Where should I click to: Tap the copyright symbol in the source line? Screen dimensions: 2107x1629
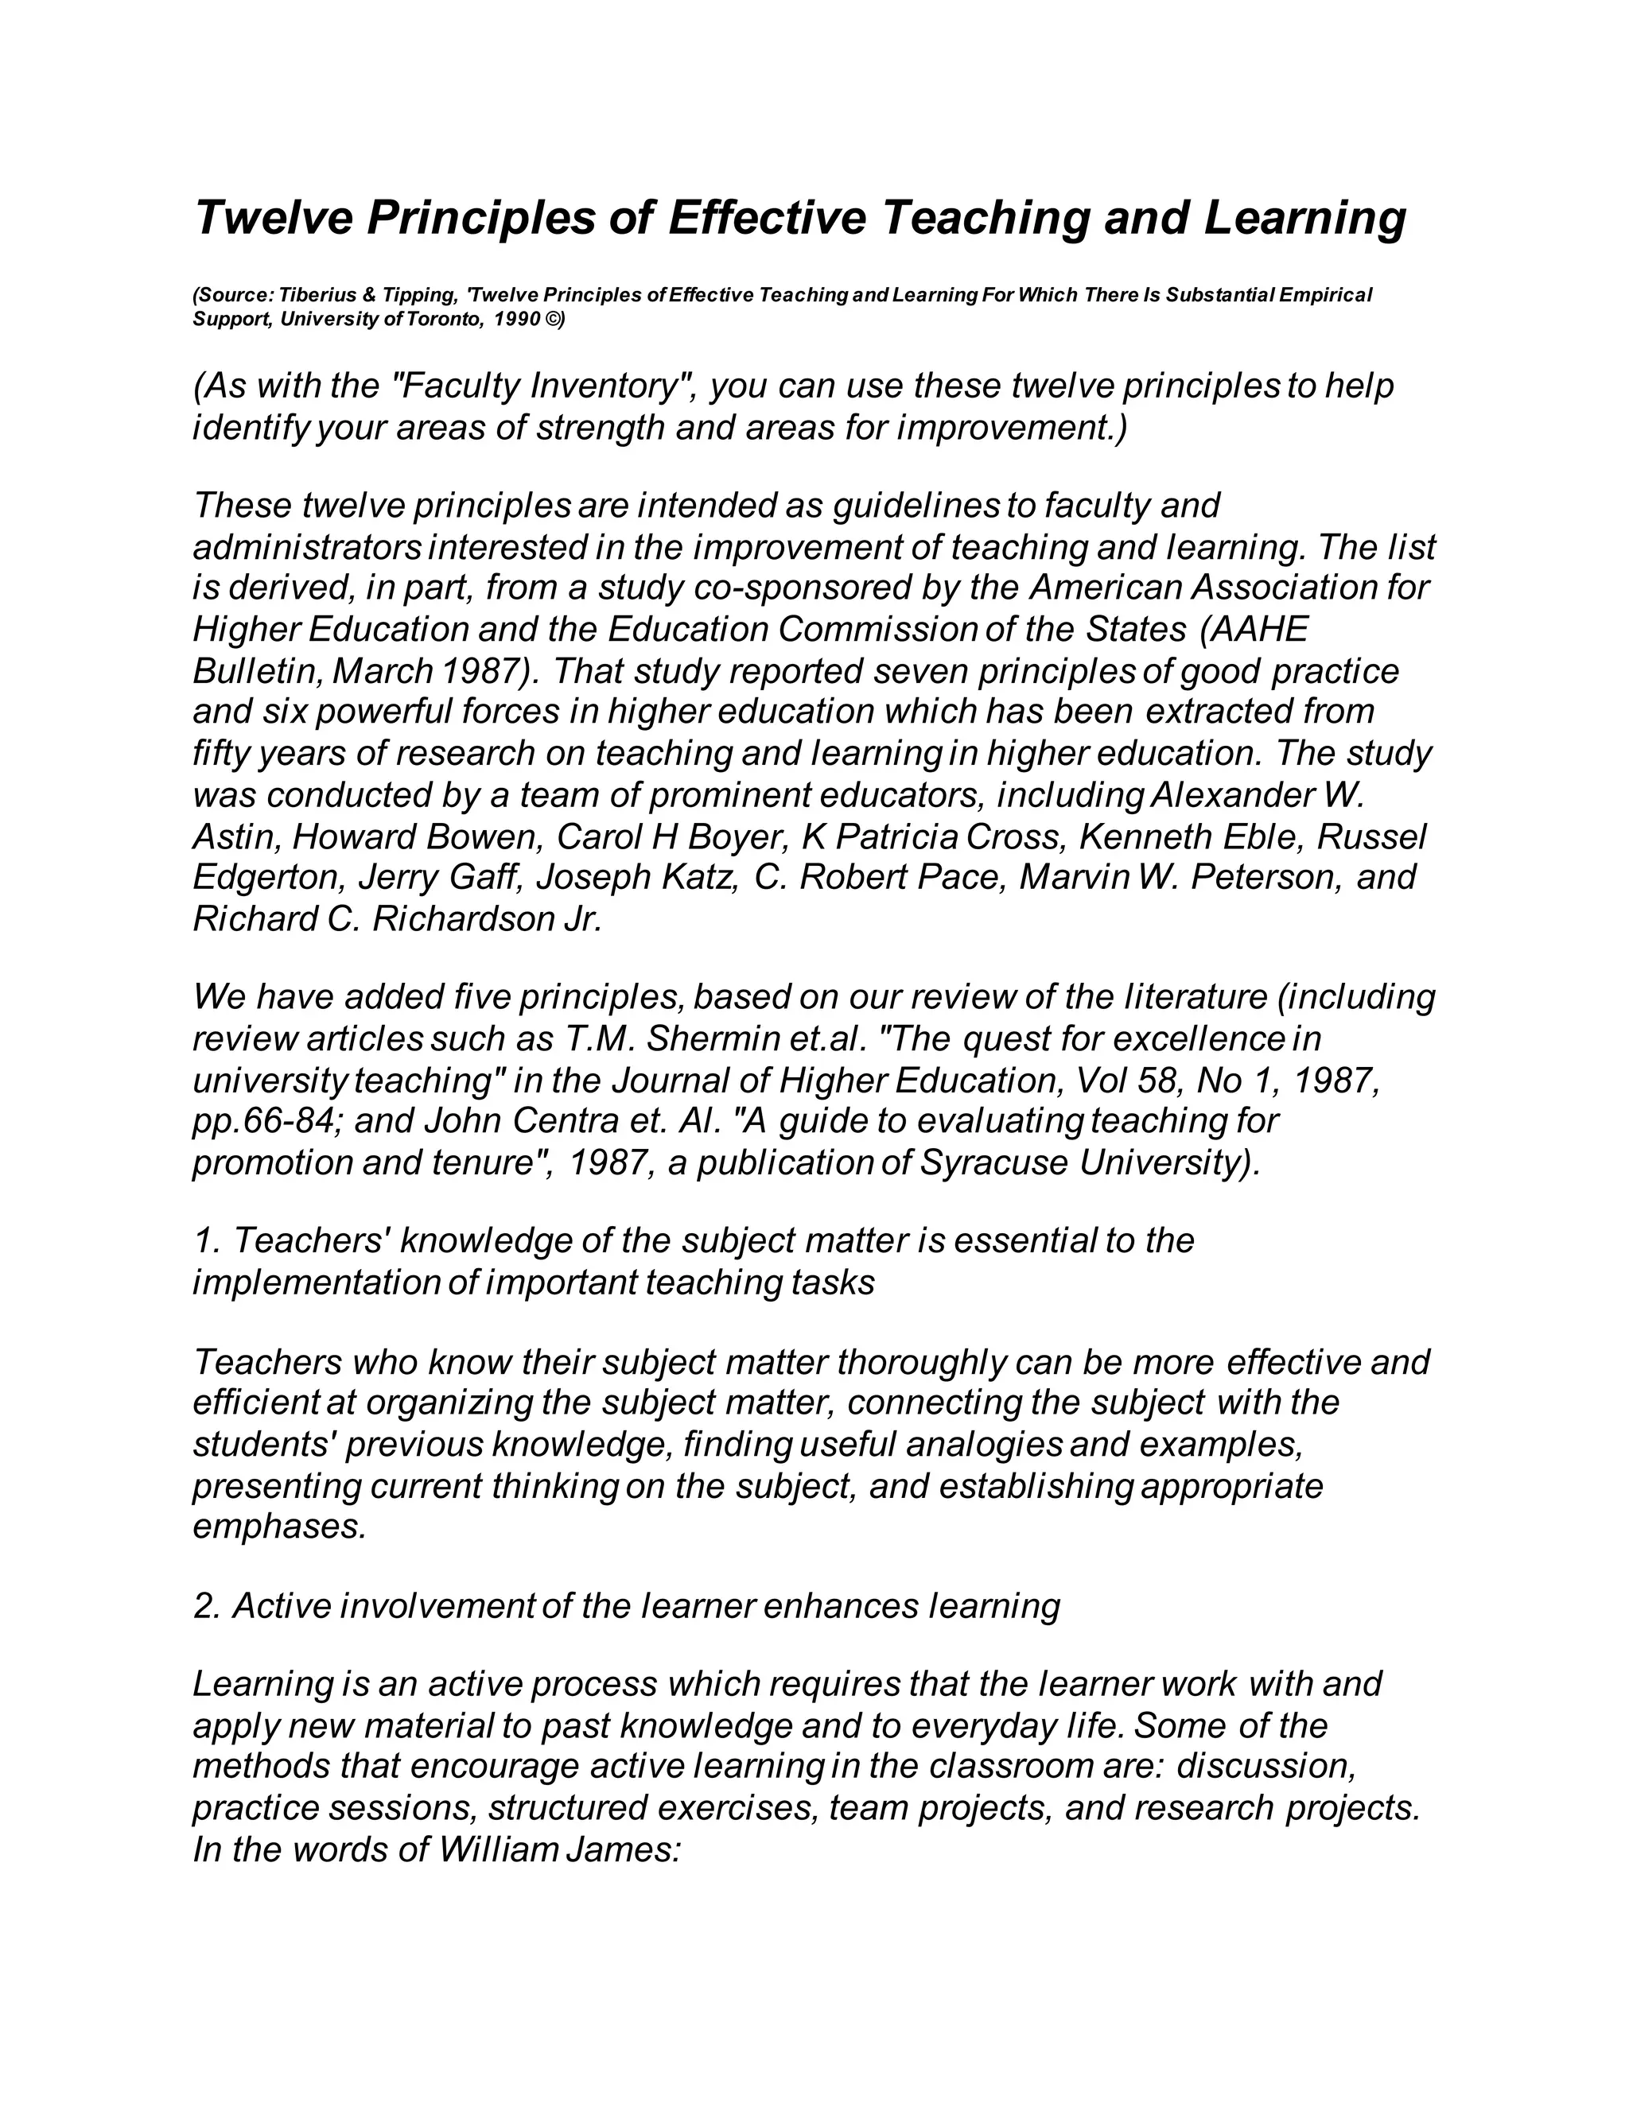(553, 320)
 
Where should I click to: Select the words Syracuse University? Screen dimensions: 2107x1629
(1090, 1162)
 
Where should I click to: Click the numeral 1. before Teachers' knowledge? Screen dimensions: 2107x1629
(207, 1240)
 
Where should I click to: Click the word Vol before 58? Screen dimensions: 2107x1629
(1099, 1081)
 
